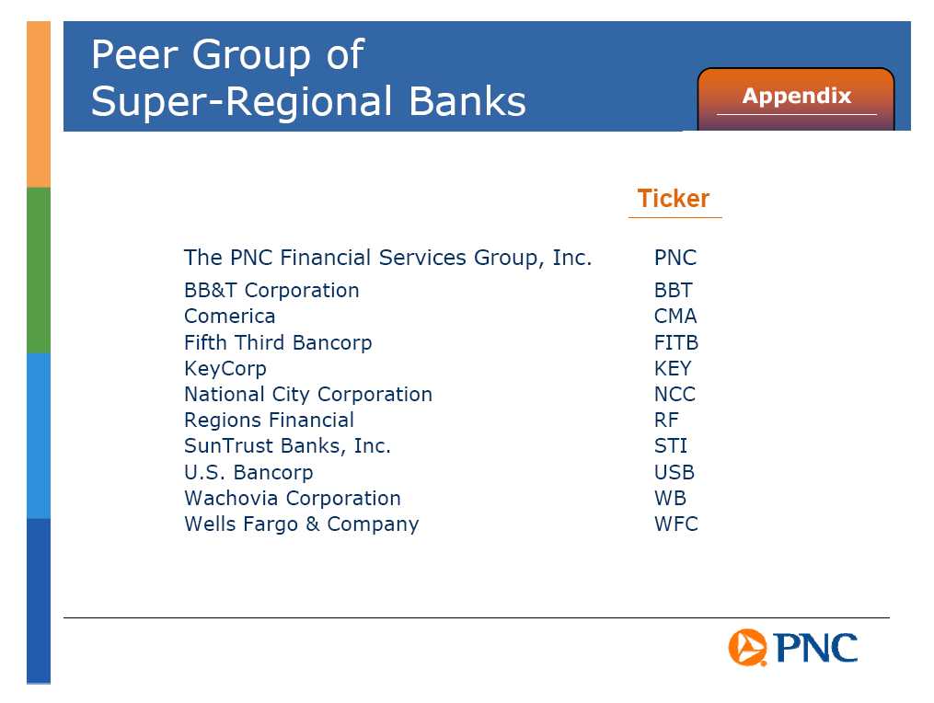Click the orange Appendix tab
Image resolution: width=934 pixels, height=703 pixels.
click(x=796, y=98)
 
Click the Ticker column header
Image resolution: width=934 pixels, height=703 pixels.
click(x=674, y=199)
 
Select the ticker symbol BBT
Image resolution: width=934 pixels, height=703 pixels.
click(x=673, y=290)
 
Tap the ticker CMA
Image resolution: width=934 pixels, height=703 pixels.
click(x=675, y=316)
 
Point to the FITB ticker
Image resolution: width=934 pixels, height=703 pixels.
click(x=676, y=342)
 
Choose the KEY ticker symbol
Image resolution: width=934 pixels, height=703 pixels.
click(x=673, y=368)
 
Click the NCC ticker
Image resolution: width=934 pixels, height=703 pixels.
click(x=675, y=394)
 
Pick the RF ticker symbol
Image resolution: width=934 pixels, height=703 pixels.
click(x=666, y=420)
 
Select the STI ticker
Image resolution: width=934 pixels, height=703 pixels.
click(x=671, y=445)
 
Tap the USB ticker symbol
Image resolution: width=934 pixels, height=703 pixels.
click(x=675, y=472)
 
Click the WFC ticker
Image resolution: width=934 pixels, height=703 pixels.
click(x=676, y=524)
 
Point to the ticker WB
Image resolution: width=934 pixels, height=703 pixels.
click(x=670, y=498)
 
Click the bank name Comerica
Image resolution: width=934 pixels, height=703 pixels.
click(x=230, y=316)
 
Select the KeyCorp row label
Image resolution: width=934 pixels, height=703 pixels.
click(x=225, y=369)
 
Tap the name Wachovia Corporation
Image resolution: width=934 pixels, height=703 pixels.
click(x=293, y=498)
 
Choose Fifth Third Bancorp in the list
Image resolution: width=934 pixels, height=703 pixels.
click(x=278, y=343)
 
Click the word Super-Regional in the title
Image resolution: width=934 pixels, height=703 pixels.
click(x=242, y=101)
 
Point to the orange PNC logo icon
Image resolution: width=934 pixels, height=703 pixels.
click(x=747, y=647)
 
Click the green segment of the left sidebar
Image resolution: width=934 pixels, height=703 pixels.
click(x=39, y=270)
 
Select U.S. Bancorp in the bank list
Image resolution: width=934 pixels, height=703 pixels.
click(x=248, y=472)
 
